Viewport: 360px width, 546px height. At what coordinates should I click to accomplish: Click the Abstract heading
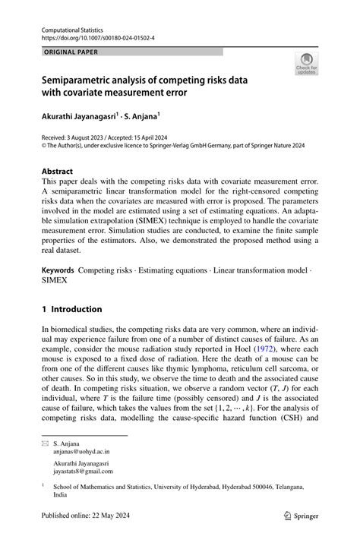coord(59,172)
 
